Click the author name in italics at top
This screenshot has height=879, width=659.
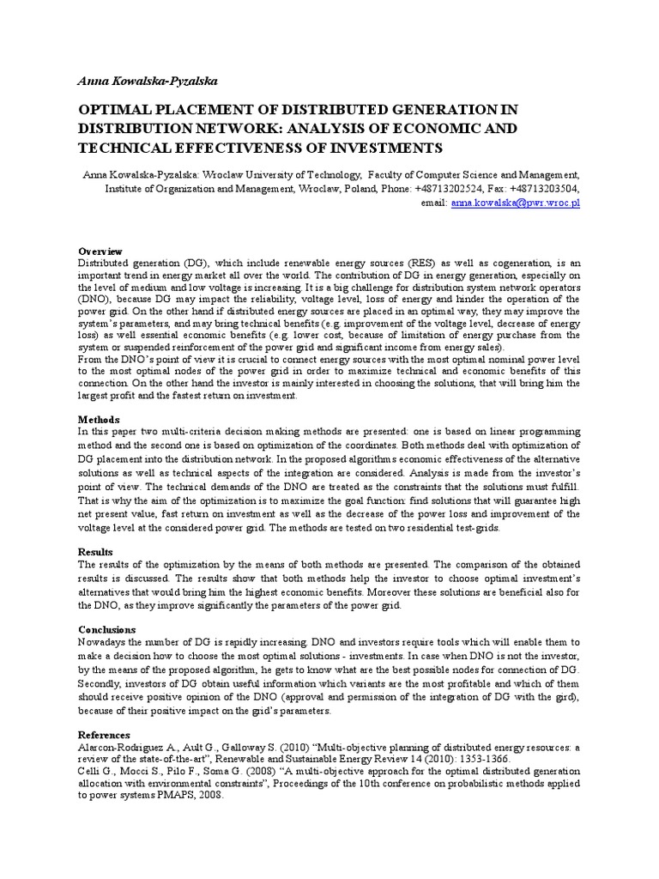[148, 82]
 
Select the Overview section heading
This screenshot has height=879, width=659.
[101, 251]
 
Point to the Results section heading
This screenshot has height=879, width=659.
[95, 552]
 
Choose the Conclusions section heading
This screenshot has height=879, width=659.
[107, 629]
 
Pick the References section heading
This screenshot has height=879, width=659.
[105, 736]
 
